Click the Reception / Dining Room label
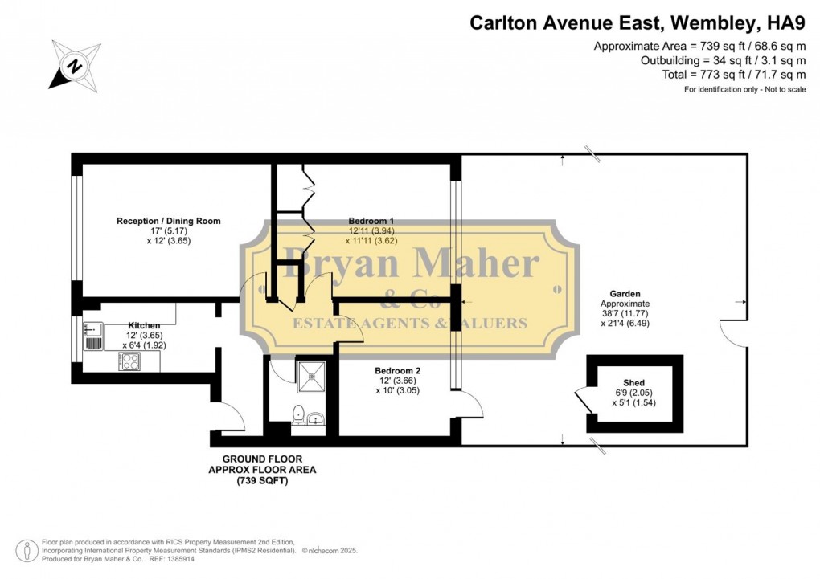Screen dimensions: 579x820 (x=168, y=221)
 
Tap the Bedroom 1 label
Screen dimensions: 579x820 (x=371, y=221)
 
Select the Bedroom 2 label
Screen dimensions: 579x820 (x=398, y=371)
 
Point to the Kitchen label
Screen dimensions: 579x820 (x=121, y=325)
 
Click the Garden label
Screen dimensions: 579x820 (x=624, y=294)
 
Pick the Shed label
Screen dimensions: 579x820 (x=633, y=383)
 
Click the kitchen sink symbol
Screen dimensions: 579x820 (x=92, y=335)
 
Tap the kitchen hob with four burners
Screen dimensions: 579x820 (x=129, y=362)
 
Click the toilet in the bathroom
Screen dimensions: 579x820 (x=298, y=415)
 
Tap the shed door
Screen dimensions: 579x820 (x=582, y=401)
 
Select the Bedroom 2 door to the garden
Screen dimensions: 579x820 (x=472, y=406)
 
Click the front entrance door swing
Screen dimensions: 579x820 (x=231, y=416)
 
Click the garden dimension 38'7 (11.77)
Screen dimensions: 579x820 (x=624, y=314)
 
